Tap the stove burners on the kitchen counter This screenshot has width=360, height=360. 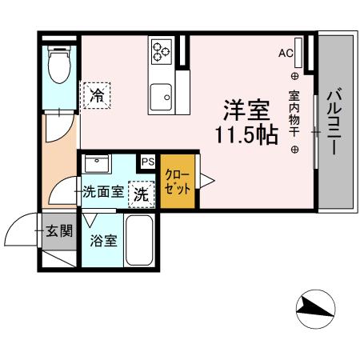tap(159, 52)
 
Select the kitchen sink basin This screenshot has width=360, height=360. tap(165, 96)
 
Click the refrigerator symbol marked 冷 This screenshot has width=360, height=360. tap(97, 95)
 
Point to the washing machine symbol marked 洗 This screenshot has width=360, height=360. tap(139, 193)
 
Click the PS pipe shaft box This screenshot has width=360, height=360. tap(147, 162)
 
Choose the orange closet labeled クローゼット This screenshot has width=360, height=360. tap(177, 182)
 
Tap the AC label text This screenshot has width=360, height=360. tap(285, 54)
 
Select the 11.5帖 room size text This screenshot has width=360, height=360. tap(245, 134)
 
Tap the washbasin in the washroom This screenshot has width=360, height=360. tap(98, 165)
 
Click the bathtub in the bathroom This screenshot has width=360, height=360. tap(142, 241)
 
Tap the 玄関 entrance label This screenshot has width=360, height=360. tap(58, 232)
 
